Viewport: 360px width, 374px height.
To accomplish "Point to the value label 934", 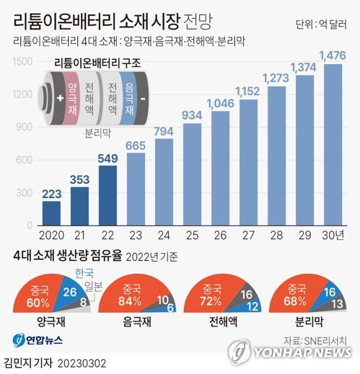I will [192, 116].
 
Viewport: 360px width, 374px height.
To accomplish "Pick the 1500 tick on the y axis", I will [23, 63].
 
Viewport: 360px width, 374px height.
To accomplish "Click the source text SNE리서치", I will [321, 337].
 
